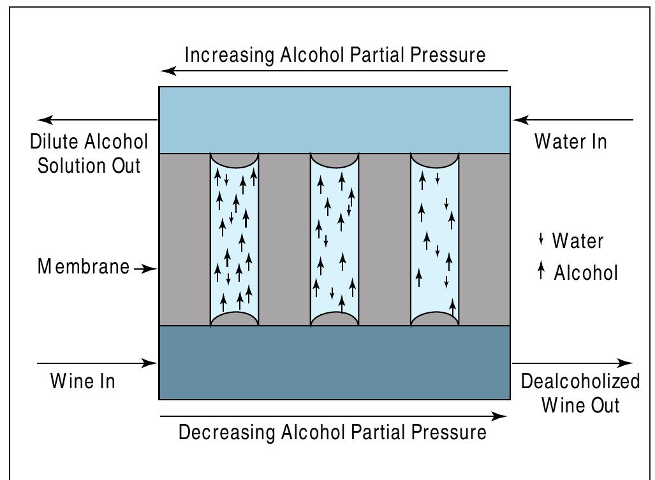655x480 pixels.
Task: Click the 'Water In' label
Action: (x=570, y=141)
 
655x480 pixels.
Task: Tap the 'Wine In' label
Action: (x=83, y=381)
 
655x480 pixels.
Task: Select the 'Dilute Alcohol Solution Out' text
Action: (x=89, y=154)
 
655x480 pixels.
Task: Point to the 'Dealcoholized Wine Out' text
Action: (x=580, y=393)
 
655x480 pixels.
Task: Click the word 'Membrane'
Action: (x=84, y=266)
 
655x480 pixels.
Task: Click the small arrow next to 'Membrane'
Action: (x=145, y=269)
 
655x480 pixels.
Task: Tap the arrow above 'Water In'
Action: (x=574, y=119)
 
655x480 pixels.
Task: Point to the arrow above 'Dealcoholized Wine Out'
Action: (x=572, y=364)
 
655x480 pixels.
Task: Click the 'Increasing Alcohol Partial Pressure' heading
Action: (x=335, y=55)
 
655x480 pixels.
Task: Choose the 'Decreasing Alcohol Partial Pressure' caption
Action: (x=332, y=432)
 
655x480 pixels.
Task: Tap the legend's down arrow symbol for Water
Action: (x=541, y=240)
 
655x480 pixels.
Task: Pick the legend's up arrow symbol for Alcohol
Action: (x=541, y=272)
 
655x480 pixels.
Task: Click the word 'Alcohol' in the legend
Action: (x=585, y=273)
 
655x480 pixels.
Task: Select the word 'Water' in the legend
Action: (x=577, y=241)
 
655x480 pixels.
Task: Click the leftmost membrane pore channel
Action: (x=234, y=239)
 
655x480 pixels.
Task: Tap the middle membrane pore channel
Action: (x=334, y=239)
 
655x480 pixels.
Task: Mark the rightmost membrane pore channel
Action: (x=434, y=239)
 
